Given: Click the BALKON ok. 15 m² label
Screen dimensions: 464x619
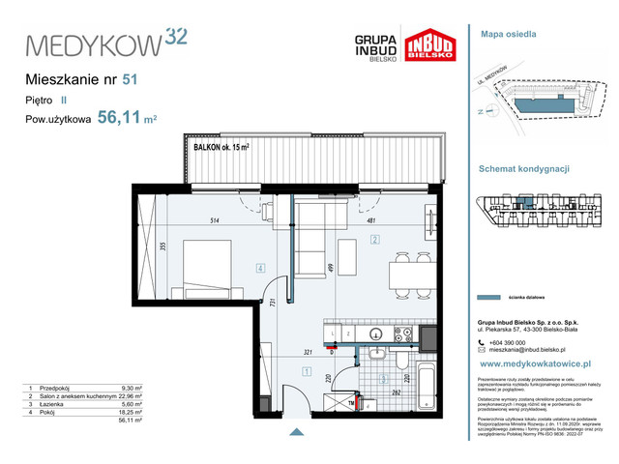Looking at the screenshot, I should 222,147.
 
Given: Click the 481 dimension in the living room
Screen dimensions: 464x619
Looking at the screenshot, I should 370,220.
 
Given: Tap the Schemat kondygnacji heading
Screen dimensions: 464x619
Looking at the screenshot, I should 523,168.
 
